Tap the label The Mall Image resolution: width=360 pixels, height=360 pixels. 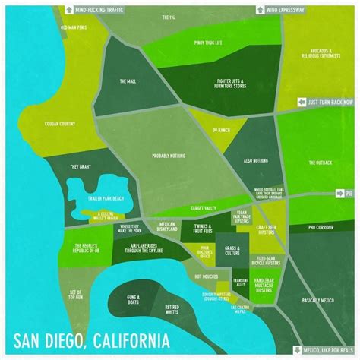127,81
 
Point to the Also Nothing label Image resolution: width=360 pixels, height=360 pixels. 256,161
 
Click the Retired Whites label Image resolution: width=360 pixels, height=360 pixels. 177,310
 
